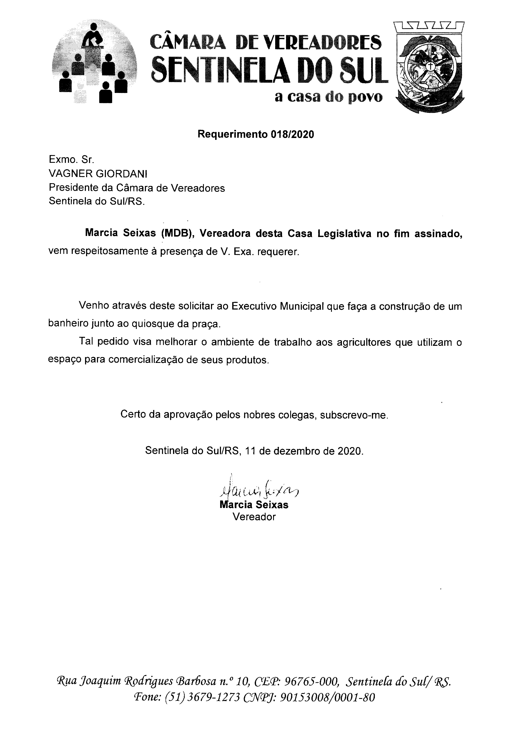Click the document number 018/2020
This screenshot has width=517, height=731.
[292, 135]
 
